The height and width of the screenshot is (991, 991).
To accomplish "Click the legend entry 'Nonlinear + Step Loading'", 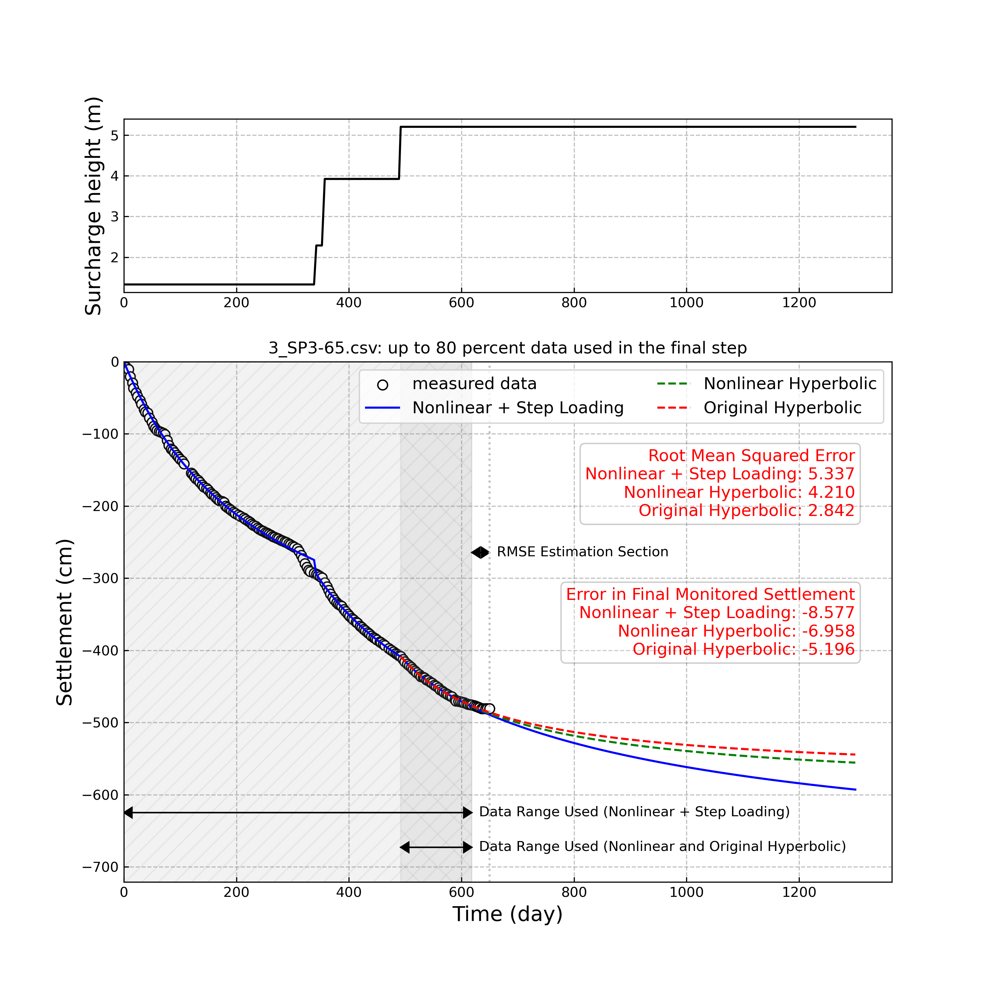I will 518,408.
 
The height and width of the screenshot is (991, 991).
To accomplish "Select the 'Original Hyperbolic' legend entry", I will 782,408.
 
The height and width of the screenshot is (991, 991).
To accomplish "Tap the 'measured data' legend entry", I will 474,384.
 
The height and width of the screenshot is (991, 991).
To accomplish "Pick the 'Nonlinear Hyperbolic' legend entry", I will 789,384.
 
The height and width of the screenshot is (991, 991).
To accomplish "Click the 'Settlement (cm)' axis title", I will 65,622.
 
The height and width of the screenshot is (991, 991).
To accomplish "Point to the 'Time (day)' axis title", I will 507,914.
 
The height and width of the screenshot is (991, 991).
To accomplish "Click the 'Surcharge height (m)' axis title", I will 93,206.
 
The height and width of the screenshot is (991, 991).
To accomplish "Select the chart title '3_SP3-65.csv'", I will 507,348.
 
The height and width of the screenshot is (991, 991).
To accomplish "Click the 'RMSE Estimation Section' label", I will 582,552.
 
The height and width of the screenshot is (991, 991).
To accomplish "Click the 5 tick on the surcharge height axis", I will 114,135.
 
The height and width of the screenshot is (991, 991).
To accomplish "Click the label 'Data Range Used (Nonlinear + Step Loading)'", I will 634,812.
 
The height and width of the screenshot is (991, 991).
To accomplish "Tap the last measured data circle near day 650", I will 489,709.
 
